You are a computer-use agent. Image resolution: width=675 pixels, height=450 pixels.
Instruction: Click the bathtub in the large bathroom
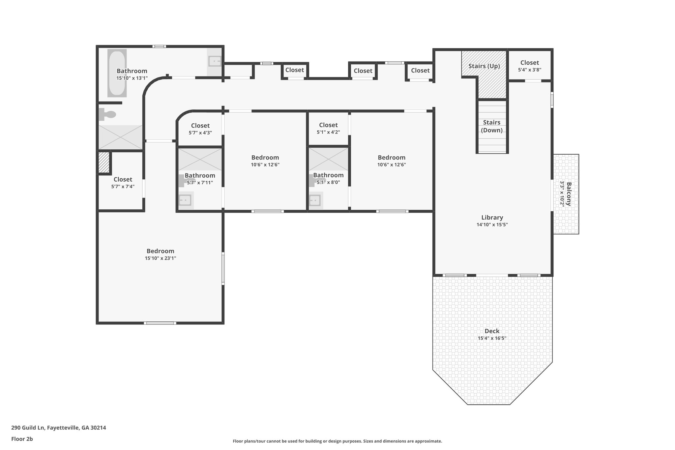pyautogui.click(x=117, y=73)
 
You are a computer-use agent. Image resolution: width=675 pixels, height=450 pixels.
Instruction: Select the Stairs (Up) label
pyautogui.click(x=484, y=66)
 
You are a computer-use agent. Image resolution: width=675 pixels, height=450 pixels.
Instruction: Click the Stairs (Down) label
pyautogui.click(x=491, y=126)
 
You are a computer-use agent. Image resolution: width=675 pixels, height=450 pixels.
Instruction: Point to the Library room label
pyautogui.click(x=492, y=218)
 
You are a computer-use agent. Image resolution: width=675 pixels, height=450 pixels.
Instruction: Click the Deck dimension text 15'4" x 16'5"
pyautogui.click(x=492, y=338)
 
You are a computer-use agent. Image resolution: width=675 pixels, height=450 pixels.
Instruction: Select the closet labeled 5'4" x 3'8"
pyautogui.click(x=529, y=66)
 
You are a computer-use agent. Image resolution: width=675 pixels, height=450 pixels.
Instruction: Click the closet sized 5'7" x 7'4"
pyautogui.click(x=123, y=183)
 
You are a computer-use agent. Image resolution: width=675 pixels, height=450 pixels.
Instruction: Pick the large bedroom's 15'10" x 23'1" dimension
pyautogui.click(x=161, y=258)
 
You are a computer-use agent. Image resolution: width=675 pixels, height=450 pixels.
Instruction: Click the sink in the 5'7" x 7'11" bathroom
pyautogui.click(x=185, y=200)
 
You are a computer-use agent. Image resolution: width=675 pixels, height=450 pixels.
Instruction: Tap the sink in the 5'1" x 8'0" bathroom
pyautogui.click(x=315, y=200)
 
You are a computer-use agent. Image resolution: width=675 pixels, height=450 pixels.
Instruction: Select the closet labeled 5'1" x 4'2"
pyautogui.click(x=328, y=128)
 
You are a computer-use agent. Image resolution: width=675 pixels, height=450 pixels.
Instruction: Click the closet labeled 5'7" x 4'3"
pyautogui.click(x=200, y=129)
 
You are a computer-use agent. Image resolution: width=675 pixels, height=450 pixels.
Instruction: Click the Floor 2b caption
pyautogui.click(x=22, y=439)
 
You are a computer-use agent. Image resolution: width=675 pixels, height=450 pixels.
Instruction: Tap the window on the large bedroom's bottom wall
pyautogui.click(x=160, y=323)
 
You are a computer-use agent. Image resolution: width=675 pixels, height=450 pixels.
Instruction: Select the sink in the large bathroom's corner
pyautogui.click(x=215, y=61)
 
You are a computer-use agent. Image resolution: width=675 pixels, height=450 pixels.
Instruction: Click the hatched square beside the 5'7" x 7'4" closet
pyautogui.click(x=104, y=162)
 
